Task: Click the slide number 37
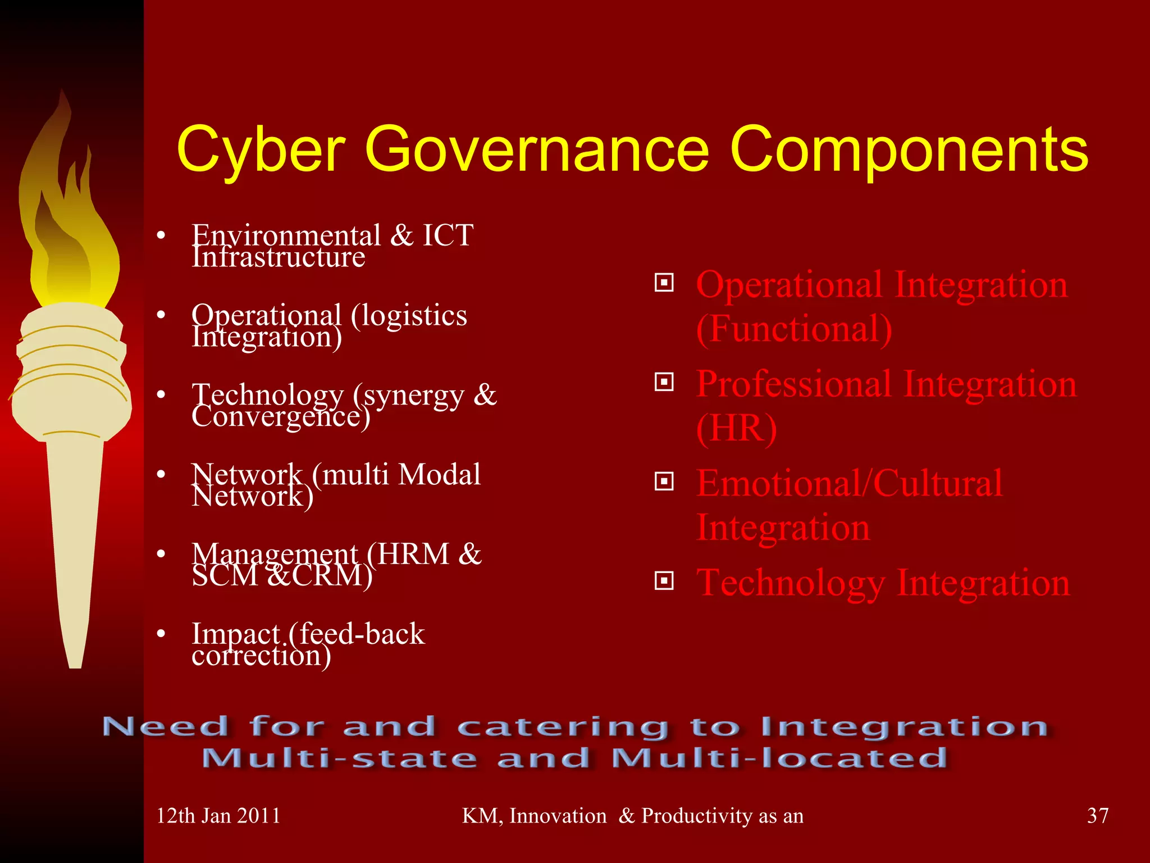1098,815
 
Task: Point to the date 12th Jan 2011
218,815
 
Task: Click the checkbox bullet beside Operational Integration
664,283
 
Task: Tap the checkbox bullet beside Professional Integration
664,383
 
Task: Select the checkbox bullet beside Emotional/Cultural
664,482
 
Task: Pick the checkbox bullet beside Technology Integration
664,580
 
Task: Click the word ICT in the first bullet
448,235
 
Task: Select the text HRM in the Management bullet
413,554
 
